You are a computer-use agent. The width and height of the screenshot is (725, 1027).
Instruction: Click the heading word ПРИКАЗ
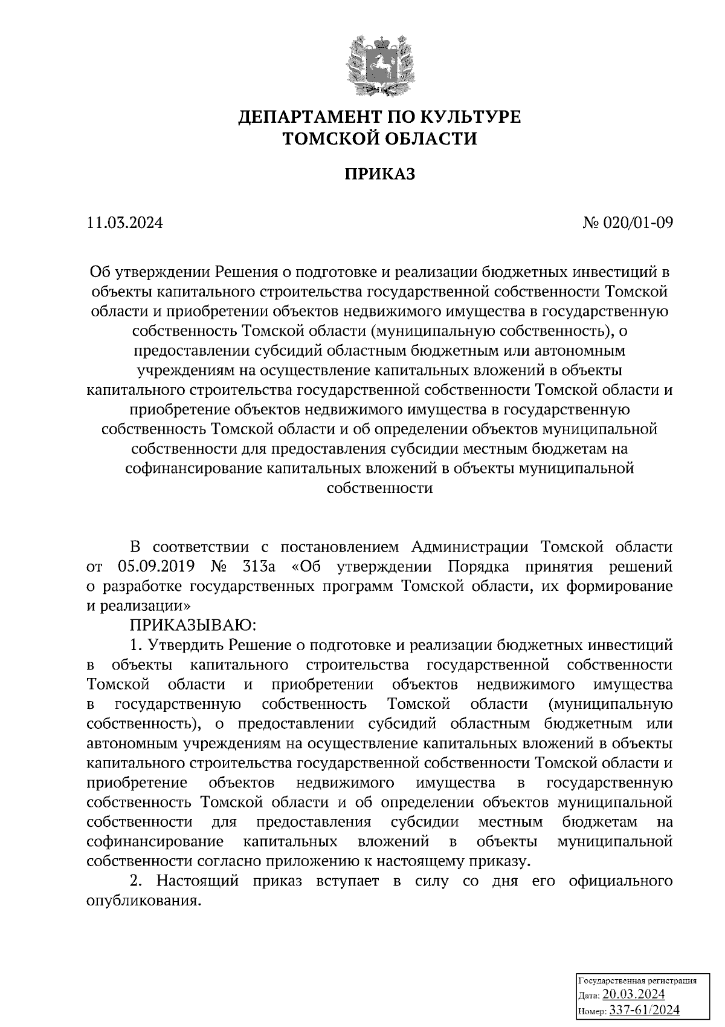point(379,175)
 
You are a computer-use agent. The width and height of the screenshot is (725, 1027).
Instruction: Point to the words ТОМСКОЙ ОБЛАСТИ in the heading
point(379,139)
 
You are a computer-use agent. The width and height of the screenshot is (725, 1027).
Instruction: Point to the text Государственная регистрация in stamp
point(637,980)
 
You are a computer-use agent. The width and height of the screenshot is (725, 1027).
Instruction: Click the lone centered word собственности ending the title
point(379,489)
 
